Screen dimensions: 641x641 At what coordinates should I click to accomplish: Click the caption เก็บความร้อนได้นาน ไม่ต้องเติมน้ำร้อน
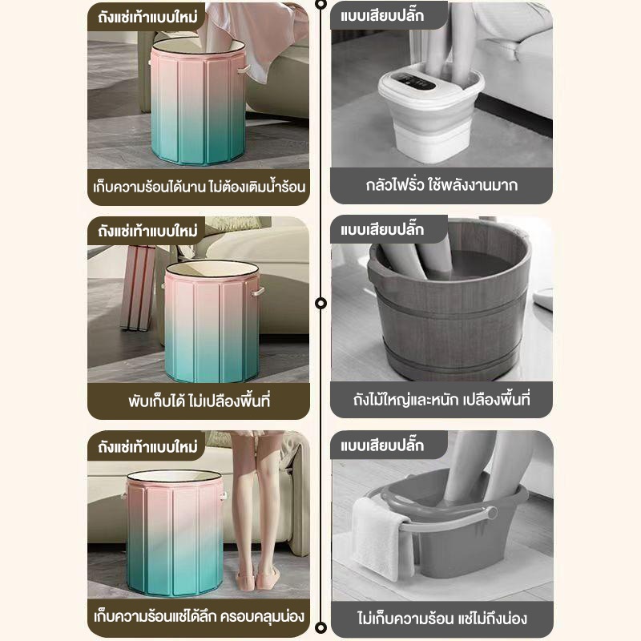(x=199, y=187)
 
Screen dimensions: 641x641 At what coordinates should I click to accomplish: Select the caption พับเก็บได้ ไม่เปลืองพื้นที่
(x=199, y=401)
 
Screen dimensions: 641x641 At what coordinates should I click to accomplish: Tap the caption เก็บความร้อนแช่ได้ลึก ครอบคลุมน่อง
(x=199, y=616)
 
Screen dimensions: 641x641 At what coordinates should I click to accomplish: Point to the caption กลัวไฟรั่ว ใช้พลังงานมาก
(x=441, y=185)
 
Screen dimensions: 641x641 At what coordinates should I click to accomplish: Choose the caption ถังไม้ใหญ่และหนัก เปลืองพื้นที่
(x=441, y=399)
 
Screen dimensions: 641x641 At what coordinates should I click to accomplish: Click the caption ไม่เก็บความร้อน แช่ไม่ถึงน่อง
(x=442, y=618)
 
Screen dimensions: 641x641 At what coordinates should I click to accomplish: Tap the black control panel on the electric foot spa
(x=417, y=82)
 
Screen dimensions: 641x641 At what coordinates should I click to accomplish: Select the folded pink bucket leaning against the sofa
(x=138, y=288)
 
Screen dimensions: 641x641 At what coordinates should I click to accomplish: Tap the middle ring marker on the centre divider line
(x=321, y=303)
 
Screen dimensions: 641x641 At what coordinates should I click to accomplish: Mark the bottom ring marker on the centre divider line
(x=321, y=627)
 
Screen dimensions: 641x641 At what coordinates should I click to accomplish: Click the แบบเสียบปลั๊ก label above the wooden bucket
(x=382, y=229)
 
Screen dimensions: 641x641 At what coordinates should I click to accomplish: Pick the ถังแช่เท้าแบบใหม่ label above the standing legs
(x=147, y=446)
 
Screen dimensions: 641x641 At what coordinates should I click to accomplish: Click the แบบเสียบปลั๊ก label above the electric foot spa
(x=382, y=15)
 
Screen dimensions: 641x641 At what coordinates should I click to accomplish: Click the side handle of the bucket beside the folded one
(x=258, y=292)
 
